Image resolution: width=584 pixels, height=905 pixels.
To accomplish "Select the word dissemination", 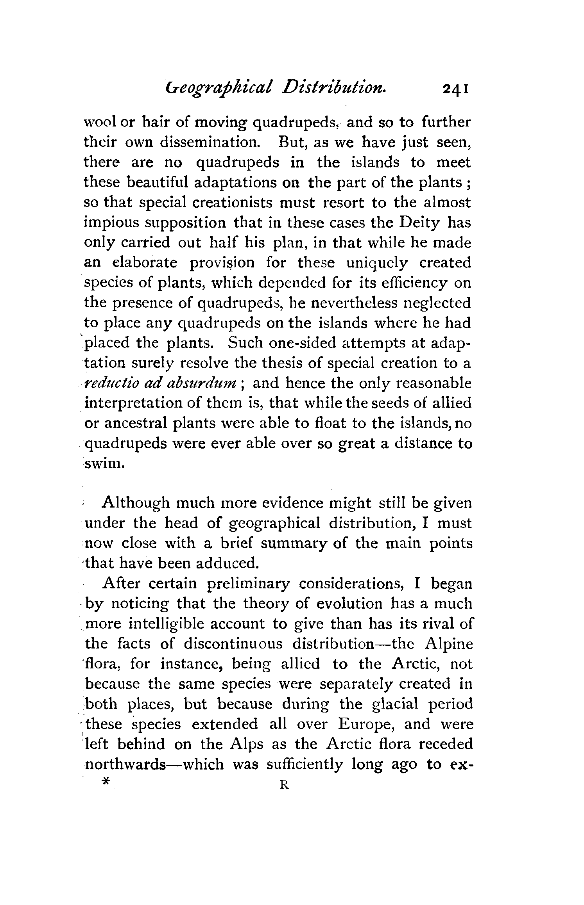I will point(210,143).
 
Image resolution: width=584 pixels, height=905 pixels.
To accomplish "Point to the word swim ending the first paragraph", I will point(104,464).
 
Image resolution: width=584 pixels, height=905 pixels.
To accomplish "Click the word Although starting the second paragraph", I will point(135,504).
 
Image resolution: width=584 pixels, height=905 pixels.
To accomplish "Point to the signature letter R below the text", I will point(284,785).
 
